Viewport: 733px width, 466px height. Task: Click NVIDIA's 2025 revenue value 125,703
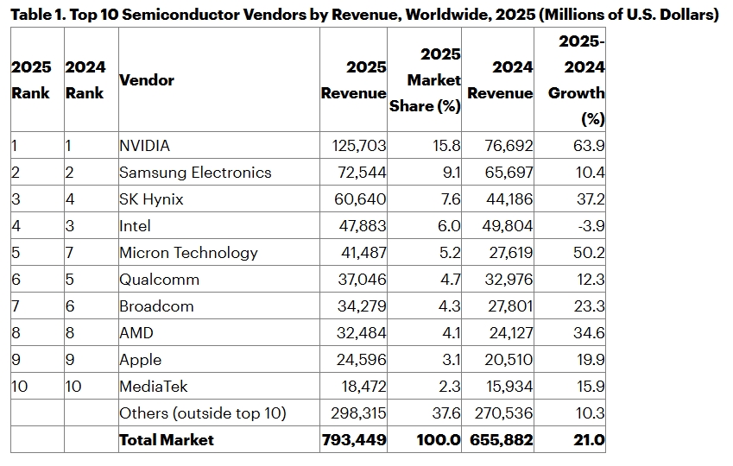coord(353,146)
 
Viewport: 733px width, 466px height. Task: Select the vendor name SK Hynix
coord(151,199)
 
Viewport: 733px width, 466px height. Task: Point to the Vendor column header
coord(147,80)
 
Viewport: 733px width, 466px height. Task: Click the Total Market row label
coord(167,439)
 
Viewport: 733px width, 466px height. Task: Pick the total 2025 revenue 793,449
coord(353,439)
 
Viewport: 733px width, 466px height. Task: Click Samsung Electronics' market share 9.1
coord(451,173)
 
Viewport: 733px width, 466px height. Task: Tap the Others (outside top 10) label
coord(202,413)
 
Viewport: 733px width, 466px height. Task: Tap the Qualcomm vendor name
coord(159,280)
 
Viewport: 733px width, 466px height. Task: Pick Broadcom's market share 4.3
coord(451,306)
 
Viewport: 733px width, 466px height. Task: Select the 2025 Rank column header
coord(31,80)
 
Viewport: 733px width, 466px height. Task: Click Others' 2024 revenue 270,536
coord(502,413)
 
